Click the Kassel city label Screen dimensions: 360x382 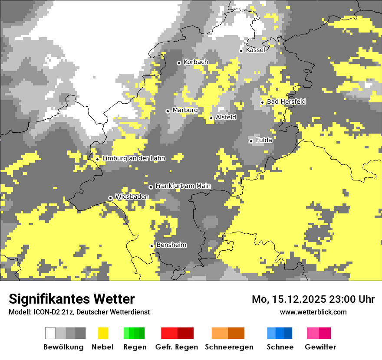point(255,50)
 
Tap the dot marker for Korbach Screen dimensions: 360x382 point(179,63)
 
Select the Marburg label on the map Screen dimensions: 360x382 point(185,110)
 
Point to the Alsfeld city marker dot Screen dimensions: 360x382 point(211,118)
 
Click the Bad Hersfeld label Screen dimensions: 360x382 point(286,101)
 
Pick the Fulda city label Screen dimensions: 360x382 point(264,140)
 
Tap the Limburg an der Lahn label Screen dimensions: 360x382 point(133,158)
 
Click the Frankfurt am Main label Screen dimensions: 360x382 point(183,186)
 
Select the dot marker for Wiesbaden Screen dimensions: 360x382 point(111,198)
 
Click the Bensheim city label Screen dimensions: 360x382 point(171,245)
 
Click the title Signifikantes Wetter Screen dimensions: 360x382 point(72,299)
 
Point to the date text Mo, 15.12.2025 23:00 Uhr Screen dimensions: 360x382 point(313,299)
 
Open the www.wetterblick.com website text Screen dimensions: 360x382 point(313,312)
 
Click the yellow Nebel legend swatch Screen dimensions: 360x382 point(103,333)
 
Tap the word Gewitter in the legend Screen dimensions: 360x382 point(320,347)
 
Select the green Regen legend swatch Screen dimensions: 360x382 point(134,333)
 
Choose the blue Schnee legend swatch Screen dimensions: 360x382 point(279,333)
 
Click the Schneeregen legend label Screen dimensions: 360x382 point(229,347)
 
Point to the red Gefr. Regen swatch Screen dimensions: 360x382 point(177,333)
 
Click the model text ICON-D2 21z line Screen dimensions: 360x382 point(79,312)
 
